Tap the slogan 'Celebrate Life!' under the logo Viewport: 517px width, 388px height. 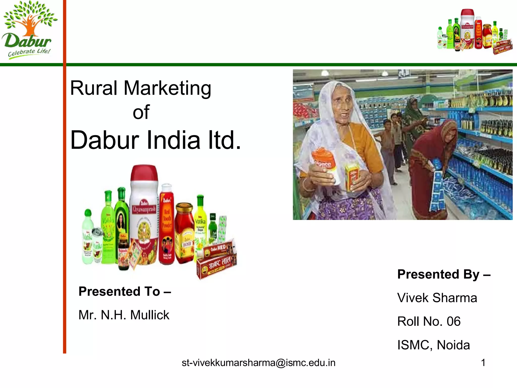(x=29, y=53)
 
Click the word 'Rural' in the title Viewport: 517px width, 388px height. (x=93, y=88)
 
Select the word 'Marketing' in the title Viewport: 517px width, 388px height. (x=167, y=88)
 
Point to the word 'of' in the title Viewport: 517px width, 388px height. (x=141, y=112)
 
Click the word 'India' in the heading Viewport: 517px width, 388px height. (x=173, y=140)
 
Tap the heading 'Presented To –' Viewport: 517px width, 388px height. (x=125, y=292)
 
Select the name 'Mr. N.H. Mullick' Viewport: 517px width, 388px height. (x=124, y=315)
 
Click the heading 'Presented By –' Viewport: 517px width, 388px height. (x=444, y=274)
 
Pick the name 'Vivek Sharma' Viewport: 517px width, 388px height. (x=437, y=298)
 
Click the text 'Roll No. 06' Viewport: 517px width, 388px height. (x=429, y=321)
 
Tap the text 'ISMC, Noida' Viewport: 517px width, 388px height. (x=433, y=345)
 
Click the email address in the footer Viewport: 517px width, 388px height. (x=258, y=363)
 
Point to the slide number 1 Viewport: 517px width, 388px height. (x=483, y=363)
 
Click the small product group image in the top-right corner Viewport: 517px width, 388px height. (x=475, y=32)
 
